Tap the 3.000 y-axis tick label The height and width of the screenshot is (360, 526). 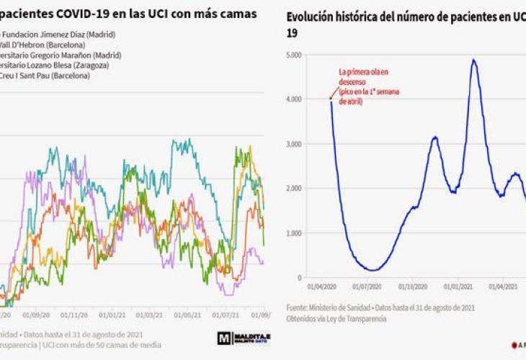click(294, 144)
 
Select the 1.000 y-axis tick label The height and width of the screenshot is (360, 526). click(294, 233)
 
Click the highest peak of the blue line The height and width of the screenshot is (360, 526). click(473, 60)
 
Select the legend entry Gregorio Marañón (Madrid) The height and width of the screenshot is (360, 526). click(61, 55)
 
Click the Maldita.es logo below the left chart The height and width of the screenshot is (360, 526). click(244, 337)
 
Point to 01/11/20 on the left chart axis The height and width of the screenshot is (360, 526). click(73, 315)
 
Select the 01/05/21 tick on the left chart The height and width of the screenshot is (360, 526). click(187, 315)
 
